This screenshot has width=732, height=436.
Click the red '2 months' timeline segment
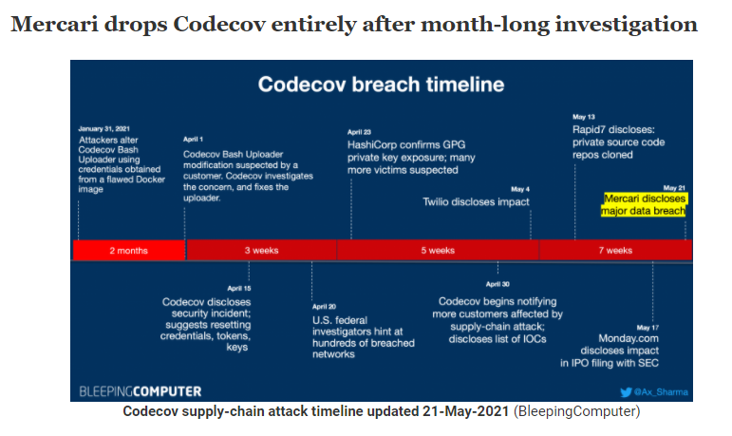128,250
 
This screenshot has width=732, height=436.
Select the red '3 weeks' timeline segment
261,250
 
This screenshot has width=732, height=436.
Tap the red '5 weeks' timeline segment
438,250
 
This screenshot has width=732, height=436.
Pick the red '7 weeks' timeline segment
614,250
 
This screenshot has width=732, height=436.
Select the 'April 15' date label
239,288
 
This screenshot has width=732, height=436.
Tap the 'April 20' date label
324,306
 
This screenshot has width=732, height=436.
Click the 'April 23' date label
359,132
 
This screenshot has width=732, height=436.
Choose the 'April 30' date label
497,284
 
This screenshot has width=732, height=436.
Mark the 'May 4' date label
519,189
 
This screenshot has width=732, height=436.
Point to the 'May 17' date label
648,327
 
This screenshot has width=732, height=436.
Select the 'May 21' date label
674,188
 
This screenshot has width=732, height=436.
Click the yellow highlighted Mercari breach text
644,205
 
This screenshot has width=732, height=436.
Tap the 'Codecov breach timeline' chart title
381,85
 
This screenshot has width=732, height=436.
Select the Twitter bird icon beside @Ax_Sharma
625,390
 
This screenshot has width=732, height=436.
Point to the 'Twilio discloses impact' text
476,201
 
